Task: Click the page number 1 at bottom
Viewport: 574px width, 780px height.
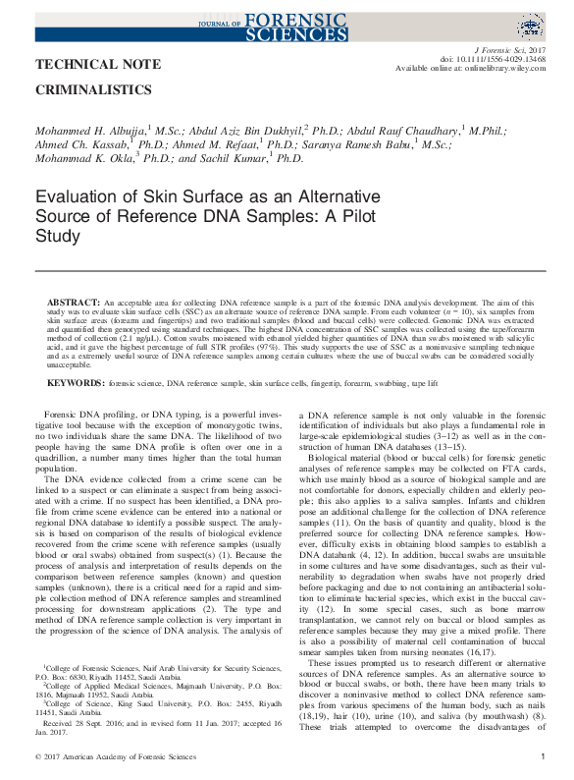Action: [x=544, y=758]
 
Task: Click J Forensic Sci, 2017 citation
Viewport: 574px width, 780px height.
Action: [x=508, y=47]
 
